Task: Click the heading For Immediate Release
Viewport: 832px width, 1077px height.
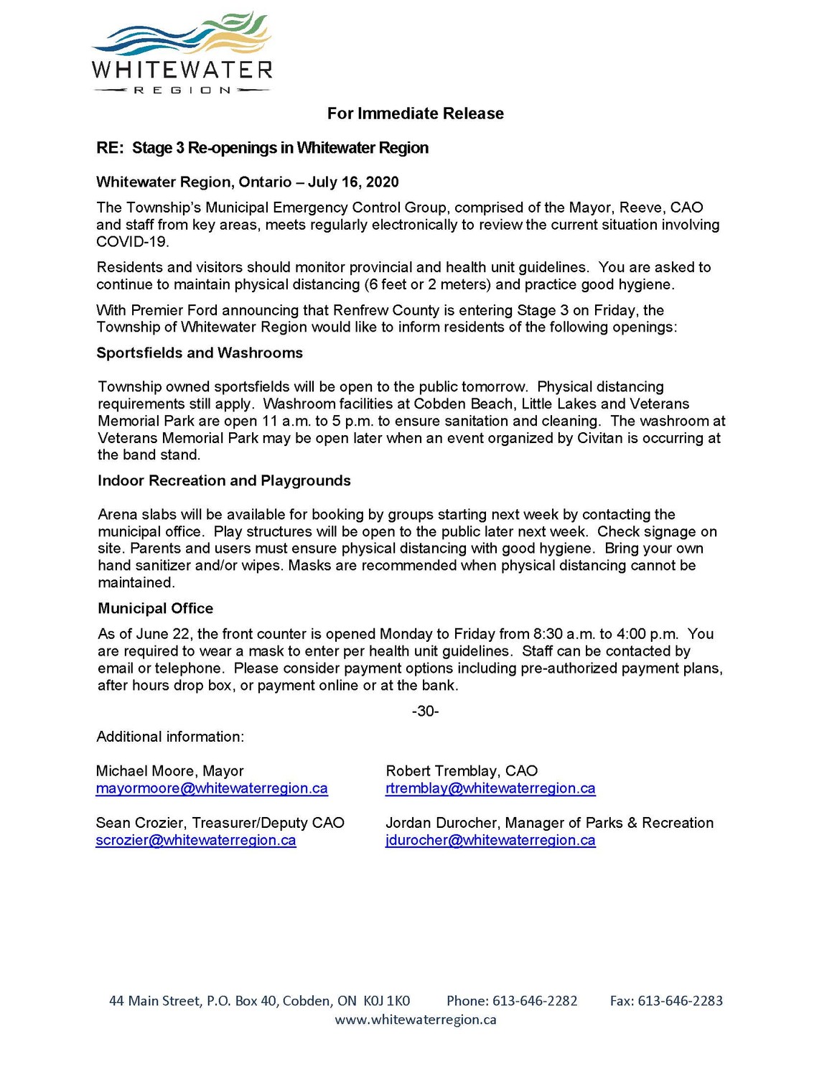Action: tap(415, 113)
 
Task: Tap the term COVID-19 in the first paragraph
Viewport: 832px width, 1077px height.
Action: tap(132, 242)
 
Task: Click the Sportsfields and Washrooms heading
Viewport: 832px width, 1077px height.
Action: tap(200, 353)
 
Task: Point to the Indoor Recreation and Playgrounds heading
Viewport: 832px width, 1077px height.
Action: tap(224, 481)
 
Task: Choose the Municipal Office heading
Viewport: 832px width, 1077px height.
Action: tap(155, 609)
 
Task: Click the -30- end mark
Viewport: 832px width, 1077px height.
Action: tap(425, 712)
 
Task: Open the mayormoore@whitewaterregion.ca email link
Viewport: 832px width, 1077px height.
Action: tap(212, 788)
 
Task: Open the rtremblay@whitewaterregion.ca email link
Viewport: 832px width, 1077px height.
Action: tap(490, 788)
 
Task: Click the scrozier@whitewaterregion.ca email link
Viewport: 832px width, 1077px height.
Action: tap(196, 840)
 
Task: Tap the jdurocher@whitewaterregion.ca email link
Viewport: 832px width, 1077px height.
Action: tap(490, 840)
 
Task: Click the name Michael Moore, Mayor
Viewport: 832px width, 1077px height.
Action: tap(170, 771)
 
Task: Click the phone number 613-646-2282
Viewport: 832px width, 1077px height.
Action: tap(533, 1001)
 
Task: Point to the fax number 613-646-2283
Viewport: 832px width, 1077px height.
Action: tap(680, 1001)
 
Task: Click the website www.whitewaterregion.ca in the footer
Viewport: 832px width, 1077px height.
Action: tap(416, 1020)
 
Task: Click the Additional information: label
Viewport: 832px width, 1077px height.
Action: tap(170, 737)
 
